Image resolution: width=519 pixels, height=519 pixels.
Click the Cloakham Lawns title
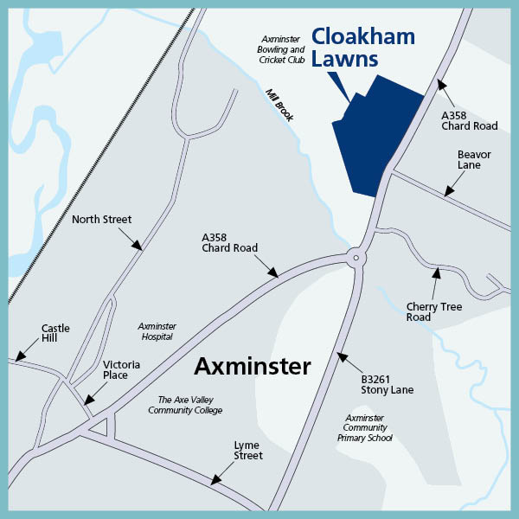tap(362, 48)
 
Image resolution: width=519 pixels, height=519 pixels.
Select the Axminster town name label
tap(252, 366)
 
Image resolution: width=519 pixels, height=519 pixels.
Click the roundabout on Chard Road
tap(355, 256)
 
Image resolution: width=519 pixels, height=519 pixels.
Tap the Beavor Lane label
tap(473, 160)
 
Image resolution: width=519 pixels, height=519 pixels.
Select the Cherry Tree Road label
tap(434, 312)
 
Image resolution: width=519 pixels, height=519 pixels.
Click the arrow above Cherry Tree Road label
tap(436, 274)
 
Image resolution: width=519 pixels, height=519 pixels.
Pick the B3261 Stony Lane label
tap(387, 384)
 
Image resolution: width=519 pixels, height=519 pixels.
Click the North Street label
tap(101, 220)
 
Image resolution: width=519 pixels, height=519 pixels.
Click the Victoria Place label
tap(115, 370)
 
